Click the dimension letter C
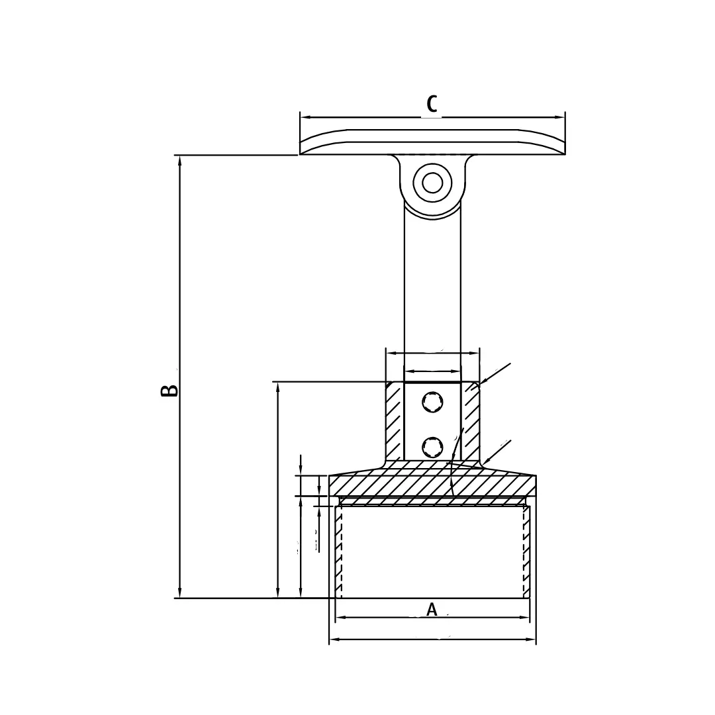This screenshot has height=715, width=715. (432, 104)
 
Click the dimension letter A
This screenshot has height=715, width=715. (432, 609)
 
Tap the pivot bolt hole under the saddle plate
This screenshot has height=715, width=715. (432, 182)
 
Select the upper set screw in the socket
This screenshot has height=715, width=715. (432, 402)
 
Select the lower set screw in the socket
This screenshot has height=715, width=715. (432, 447)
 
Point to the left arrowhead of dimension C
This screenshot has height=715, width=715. (305, 117)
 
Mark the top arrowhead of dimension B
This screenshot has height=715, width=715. (179, 160)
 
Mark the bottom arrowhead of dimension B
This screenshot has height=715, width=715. (179, 593)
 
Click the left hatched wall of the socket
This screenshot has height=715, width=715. (394, 421)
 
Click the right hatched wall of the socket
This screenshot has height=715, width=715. (471, 421)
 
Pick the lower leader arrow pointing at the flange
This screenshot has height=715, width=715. (487, 460)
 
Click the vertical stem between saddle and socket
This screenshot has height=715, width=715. (432, 285)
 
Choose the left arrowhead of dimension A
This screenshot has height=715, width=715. (340, 618)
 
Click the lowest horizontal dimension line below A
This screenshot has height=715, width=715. (432, 640)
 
